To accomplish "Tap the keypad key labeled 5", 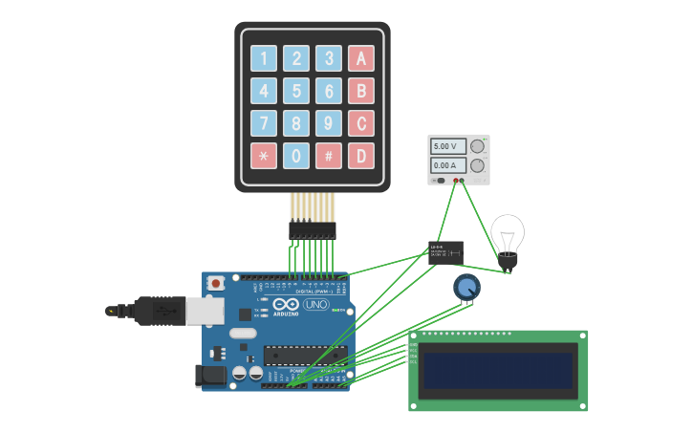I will coord(296,91).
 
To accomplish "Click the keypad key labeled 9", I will coord(329,123).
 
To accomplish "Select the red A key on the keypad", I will coord(361,59).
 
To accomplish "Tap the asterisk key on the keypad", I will coord(264,156).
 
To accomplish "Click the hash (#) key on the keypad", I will coord(329,156).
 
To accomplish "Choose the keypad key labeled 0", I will coord(296,156).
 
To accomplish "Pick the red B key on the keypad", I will coord(361,91).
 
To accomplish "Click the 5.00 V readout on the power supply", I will coord(446,146).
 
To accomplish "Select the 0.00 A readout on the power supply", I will coord(446,165).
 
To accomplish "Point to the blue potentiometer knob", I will coord(466,287).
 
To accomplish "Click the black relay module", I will coord(446,252).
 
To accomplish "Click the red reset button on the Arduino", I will coord(216,283).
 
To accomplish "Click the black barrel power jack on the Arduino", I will coord(211,376).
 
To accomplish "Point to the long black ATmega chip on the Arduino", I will coord(305,356).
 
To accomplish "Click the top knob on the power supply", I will coord(477,146).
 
